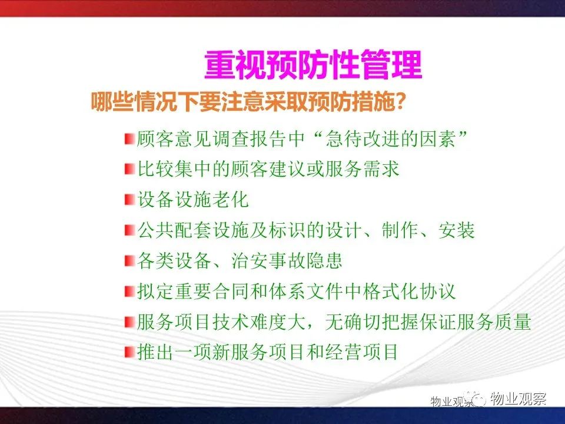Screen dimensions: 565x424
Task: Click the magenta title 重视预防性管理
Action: (x=313, y=65)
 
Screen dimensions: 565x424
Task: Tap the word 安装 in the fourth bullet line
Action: (x=457, y=230)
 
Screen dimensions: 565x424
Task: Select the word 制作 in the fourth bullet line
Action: (x=400, y=230)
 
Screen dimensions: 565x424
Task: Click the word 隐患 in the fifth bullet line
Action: (x=324, y=260)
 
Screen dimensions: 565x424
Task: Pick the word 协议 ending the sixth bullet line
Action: (x=438, y=291)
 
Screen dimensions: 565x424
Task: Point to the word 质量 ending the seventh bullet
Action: (x=513, y=322)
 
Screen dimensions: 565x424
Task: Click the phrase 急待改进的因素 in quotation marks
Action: (x=390, y=139)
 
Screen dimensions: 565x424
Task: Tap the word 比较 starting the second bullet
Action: (x=155, y=169)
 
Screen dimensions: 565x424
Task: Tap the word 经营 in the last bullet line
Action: (x=343, y=352)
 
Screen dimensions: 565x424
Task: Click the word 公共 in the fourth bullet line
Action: (x=155, y=230)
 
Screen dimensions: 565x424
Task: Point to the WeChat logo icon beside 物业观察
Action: (x=476, y=398)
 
